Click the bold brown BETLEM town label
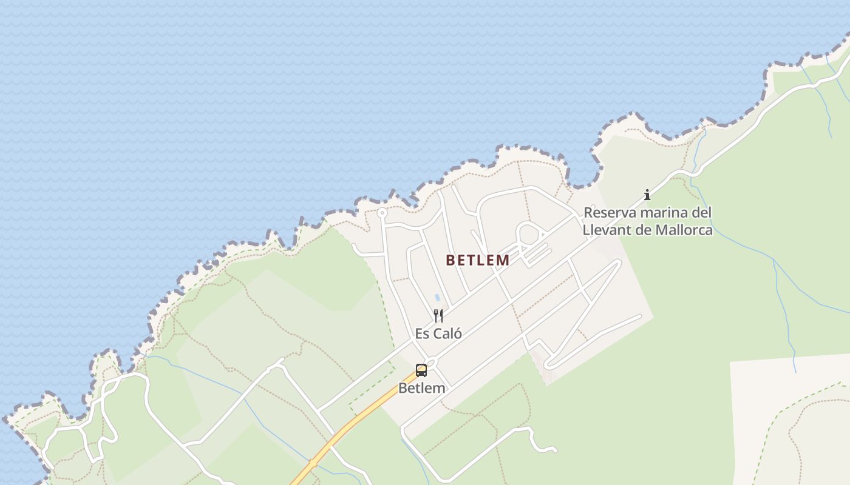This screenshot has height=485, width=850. click(478, 260)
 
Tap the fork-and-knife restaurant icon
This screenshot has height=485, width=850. click(438, 315)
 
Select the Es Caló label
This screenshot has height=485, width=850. click(438, 333)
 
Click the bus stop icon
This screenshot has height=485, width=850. click(421, 370)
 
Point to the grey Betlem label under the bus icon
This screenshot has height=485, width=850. click(421, 388)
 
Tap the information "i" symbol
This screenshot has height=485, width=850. click(647, 195)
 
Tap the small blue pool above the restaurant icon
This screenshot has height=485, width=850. click(437, 298)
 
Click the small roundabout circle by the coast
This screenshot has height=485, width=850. click(382, 213)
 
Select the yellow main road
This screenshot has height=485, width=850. click(352, 424)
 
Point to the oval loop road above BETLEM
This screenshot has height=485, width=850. click(528, 234)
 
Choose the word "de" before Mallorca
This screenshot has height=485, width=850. click(644, 230)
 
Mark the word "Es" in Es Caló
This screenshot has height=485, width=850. click(422, 333)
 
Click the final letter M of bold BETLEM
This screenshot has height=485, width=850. click(503, 260)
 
